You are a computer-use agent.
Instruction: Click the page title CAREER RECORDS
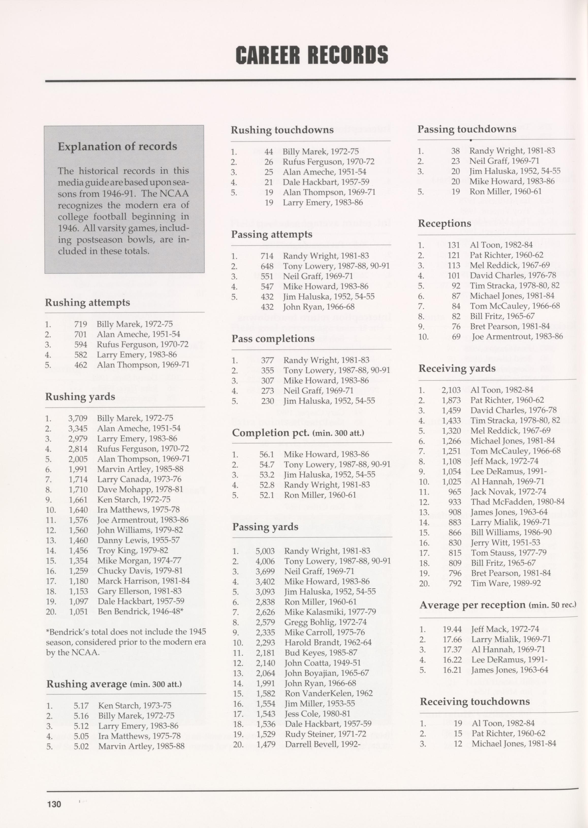point(312,55)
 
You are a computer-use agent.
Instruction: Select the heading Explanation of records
point(117,147)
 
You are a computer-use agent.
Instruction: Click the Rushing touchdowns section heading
point(282,130)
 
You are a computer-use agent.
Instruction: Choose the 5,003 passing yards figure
point(265,551)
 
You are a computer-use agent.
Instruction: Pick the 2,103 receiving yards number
point(451,390)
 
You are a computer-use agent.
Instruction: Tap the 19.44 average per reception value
point(452,629)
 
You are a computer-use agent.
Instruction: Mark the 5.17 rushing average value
point(81,705)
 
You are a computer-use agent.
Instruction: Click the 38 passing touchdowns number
point(455,151)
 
